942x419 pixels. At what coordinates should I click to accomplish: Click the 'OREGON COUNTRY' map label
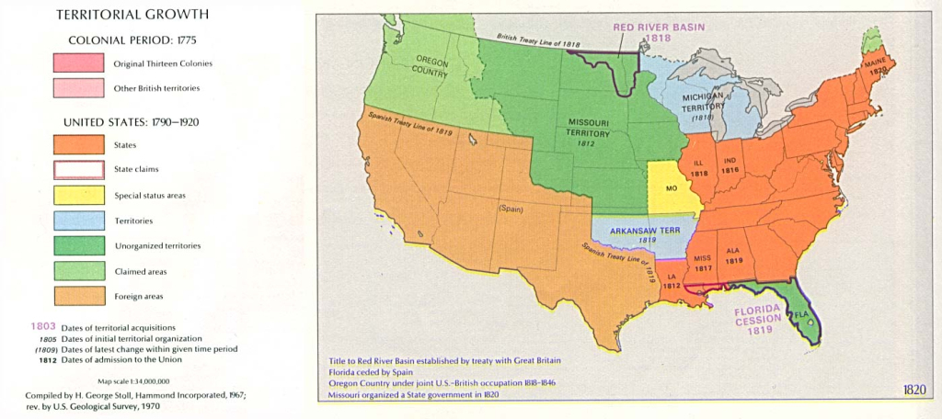point(430,64)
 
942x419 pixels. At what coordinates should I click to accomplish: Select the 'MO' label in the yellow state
point(671,188)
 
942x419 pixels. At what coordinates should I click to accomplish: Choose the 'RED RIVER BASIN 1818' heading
point(654,33)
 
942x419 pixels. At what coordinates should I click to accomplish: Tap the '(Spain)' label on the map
point(511,208)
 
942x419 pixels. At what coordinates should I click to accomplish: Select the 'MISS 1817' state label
point(703,262)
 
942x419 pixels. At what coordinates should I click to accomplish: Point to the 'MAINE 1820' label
point(874,65)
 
